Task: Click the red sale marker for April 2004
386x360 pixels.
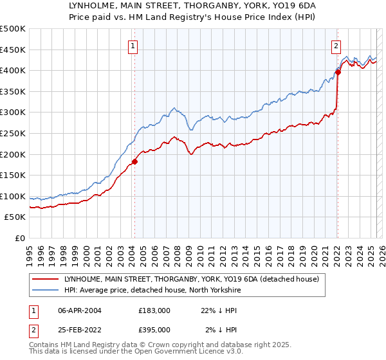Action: point(134,161)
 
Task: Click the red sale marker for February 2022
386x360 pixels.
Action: point(338,72)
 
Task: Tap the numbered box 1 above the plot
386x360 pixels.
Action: point(133,46)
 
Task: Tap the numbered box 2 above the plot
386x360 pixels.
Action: point(336,46)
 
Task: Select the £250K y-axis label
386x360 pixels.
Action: point(13,133)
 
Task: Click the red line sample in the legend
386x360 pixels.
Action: point(46,278)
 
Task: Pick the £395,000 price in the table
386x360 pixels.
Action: point(154,330)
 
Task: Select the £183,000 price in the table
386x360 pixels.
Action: point(154,310)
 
